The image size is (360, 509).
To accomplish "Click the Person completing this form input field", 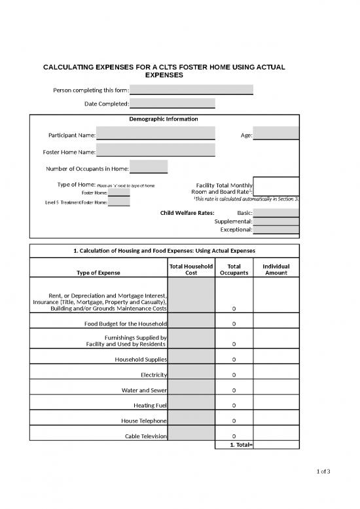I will click(x=191, y=90).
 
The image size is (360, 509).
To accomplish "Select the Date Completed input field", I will click(x=172, y=104).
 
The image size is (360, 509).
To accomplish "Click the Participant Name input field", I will click(x=155, y=134).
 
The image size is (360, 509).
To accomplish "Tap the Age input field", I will click(x=276, y=134).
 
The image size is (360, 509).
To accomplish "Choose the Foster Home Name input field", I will click(x=155, y=151).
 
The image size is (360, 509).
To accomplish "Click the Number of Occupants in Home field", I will click(x=149, y=168).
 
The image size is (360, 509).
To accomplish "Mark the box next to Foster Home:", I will click(x=118, y=193).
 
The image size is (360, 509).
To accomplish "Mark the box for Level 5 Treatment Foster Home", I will click(x=118, y=202).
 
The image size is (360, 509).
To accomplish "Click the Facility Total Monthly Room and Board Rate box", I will click(x=276, y=187).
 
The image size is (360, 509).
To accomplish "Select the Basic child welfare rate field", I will click(x=276, y=212).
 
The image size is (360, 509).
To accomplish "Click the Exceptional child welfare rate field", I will click(x=276, y=230).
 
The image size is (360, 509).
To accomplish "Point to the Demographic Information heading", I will click(x=164, y=119).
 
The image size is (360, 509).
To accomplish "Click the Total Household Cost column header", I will click(x=191, y=269).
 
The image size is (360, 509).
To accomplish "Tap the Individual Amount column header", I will click(x=276, y=269).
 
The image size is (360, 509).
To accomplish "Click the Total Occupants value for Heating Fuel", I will click(x=234, y=405).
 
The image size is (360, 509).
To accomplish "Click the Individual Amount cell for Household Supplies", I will click(x=276, y=360).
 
